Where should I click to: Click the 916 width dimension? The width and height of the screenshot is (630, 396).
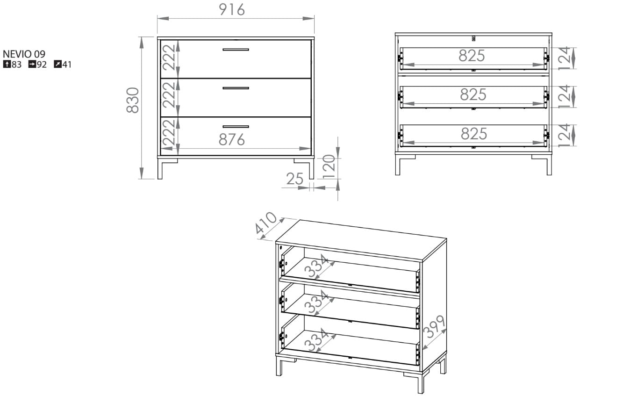click(x=232, y=10)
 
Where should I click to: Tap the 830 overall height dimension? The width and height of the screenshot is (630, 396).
click(x=132, y=101)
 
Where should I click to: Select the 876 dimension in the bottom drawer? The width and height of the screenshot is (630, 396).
click(x=232, y=140)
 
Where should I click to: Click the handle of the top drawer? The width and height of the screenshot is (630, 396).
click(x=236, y=50)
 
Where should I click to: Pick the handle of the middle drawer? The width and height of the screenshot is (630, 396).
click(x=236, y=88)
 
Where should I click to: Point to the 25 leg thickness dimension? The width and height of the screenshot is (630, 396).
click(x=294, y=179)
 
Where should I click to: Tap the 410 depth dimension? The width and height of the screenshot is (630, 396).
click(x=265, y=223)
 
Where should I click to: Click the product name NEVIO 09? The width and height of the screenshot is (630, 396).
click(x=24, y=54)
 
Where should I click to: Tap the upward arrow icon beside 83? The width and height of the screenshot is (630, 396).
click(x=7, y=64)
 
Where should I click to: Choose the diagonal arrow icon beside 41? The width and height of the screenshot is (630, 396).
click(x=57, y=64)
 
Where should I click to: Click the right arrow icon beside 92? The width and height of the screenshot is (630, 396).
click(x=32, y=64)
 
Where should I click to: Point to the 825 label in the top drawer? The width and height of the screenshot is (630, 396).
click(x=472, y=56)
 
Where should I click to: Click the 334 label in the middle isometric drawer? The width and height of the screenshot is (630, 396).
click(x=316, y=302)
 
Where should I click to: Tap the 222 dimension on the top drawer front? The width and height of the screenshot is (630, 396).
click(x=169, y=58)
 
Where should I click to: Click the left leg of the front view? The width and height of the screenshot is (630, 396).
click(x=160, y=169)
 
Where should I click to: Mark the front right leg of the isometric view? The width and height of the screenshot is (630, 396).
click(x=421, y=382)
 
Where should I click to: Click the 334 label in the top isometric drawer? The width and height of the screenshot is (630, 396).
click(x=316, y=266)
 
